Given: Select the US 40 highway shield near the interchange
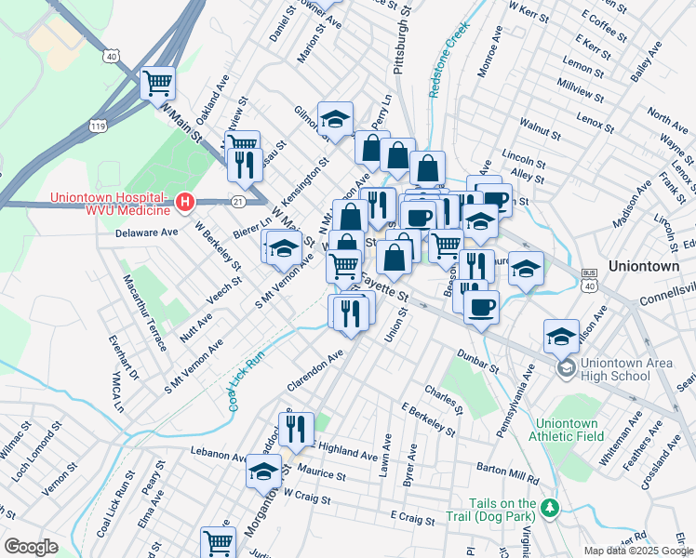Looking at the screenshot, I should (113, 57).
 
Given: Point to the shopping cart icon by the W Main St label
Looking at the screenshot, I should (158, 83).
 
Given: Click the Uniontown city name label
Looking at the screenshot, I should (645, 265).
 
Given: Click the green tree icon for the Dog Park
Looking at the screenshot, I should (551, 508).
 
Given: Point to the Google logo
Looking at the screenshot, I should (31, 547).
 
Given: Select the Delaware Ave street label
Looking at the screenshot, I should (146, 232).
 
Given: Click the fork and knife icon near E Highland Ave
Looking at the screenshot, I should (296, 429).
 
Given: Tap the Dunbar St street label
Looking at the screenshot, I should (479, 362).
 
